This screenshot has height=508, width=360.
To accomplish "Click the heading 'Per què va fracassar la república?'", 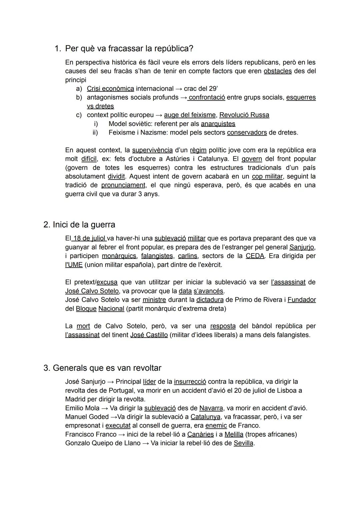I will pos(129,49).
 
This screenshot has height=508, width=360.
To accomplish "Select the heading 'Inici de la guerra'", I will pos(84,225).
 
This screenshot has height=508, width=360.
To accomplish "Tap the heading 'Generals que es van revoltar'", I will pos(107,368).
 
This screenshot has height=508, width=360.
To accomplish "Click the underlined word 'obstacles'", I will pos(277,71).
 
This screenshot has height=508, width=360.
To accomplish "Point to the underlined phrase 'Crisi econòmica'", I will pos(110,89).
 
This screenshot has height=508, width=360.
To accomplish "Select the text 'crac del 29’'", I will pos(201,89).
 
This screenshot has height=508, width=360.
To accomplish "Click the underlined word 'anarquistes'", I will pos(218,124).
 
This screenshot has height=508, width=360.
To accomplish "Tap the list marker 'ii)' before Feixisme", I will pos(95,133).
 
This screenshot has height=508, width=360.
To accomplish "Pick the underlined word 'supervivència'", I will pos(152,150).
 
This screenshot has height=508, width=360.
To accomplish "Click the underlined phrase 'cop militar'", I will pos(267,177).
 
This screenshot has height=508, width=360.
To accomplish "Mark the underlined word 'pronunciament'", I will pos(123,185).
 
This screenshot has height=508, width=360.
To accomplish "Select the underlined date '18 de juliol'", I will pos(89,239).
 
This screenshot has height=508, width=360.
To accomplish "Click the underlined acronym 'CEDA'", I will pos(255,256).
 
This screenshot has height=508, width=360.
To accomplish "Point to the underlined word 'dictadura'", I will pos(210,300).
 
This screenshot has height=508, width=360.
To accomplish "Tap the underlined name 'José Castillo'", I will pos(149,335).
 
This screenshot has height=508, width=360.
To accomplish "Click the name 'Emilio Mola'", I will pos(82,408).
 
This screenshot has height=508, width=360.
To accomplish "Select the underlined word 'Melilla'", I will pos(234,434).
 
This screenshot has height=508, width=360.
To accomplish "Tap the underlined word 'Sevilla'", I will pos(243,443).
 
